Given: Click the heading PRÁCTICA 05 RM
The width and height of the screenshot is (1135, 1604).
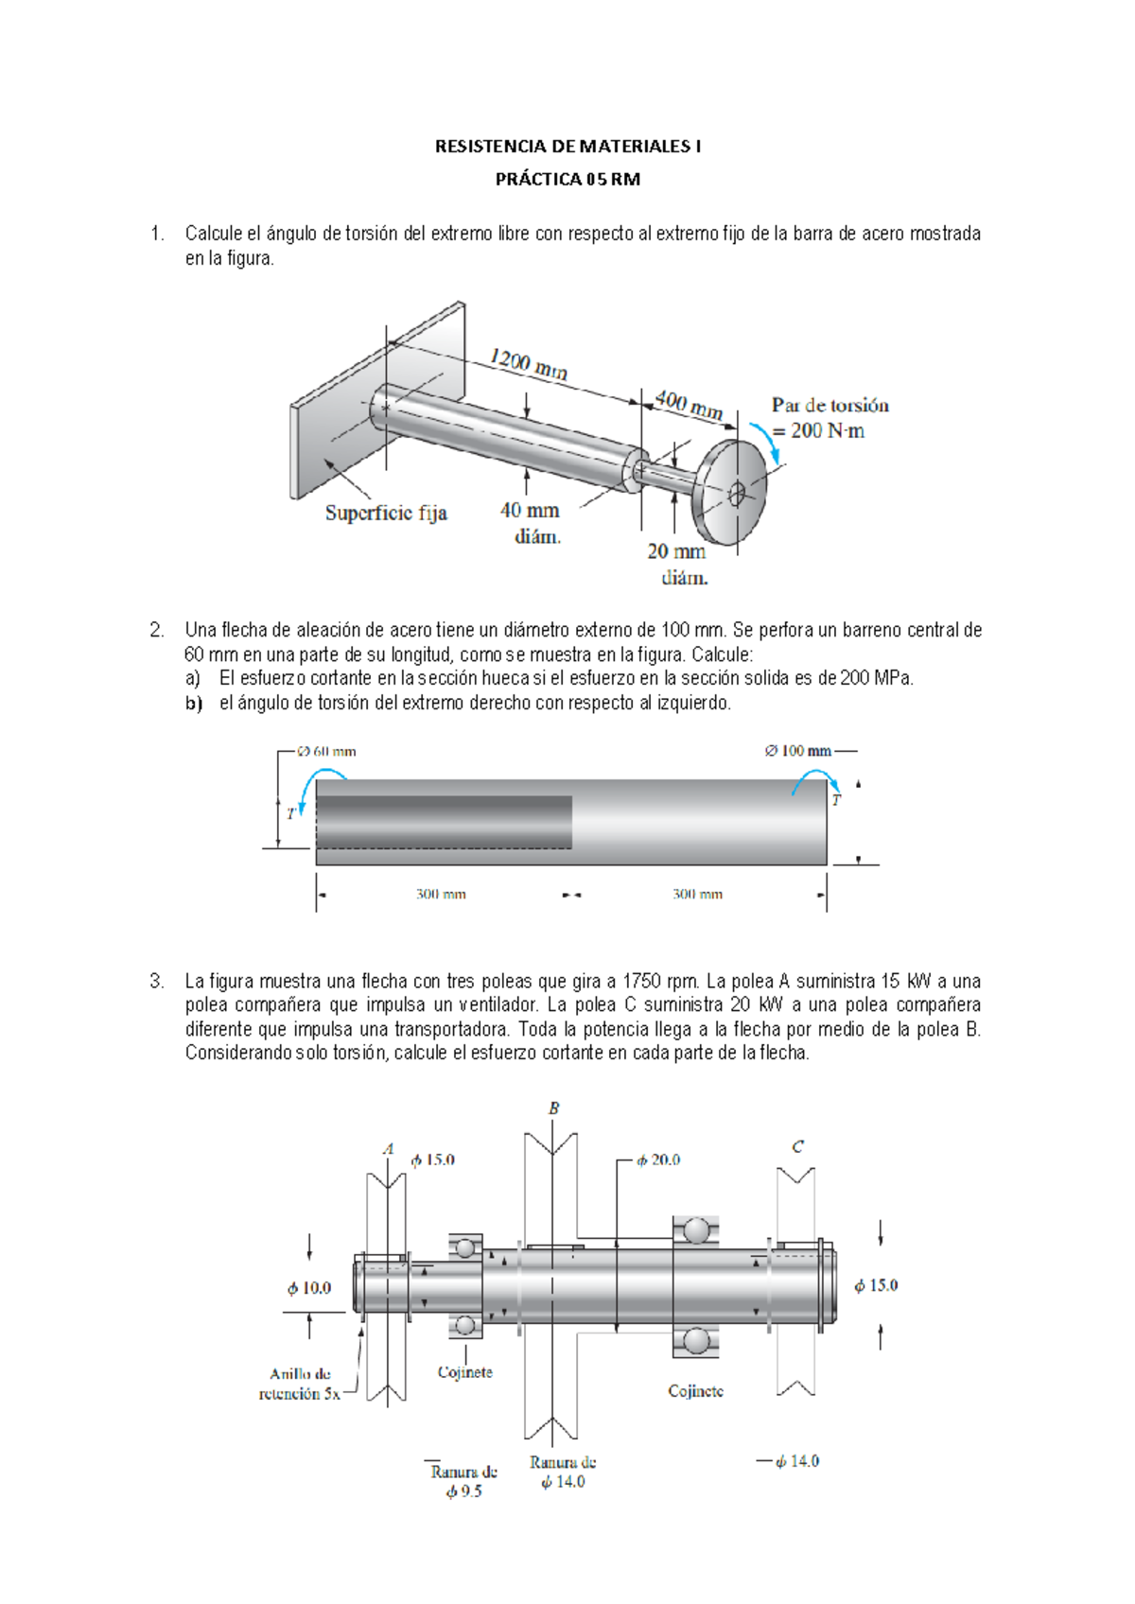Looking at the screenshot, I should pos(567,179).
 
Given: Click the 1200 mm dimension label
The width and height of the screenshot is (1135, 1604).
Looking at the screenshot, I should pos(528,363).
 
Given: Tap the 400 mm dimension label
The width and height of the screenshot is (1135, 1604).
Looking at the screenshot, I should pos(689,405).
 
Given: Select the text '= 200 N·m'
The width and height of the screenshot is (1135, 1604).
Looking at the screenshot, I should pos(818,431).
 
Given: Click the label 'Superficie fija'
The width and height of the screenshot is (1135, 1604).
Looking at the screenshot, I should pos(386,513).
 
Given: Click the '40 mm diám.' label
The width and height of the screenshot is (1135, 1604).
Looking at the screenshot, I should pos(531,522).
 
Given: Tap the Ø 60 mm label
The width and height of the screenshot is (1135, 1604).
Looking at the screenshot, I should pos(326,751).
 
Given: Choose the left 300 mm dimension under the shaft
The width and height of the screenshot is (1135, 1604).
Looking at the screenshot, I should pos(441,894).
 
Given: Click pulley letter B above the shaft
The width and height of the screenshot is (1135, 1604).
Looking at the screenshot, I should pos(554,1107).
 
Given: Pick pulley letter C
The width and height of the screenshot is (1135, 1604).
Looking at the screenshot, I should pos(797,1146).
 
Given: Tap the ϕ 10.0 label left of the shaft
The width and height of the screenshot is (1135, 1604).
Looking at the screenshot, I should pos(309,1288).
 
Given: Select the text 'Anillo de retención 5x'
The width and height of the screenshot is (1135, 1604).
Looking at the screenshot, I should pos(300,1384).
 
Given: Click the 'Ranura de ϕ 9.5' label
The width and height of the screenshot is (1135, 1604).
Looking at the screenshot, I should pos(463,1481).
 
